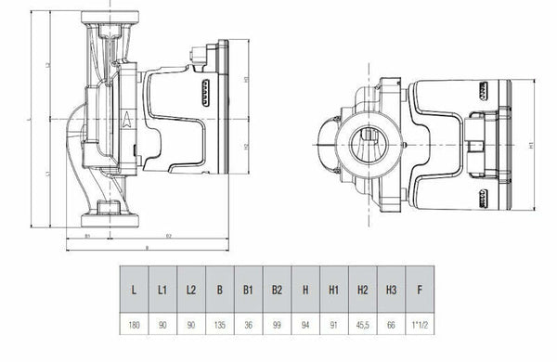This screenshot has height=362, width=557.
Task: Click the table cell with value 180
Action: [x=136, y=327]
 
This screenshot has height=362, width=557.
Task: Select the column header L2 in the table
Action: [x=191, y=290]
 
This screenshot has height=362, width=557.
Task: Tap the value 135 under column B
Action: [x=220, y=327]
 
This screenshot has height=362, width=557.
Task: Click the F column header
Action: [x=419, y=290]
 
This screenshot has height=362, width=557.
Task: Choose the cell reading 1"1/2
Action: [x=419, y=327]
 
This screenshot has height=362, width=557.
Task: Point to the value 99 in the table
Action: [x=276, y=327]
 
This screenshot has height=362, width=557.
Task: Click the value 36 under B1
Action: [x=248, y=327]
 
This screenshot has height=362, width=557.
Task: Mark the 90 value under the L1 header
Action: [x=163, y=327]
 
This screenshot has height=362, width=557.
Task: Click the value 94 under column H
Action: [x=304, y=327]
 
